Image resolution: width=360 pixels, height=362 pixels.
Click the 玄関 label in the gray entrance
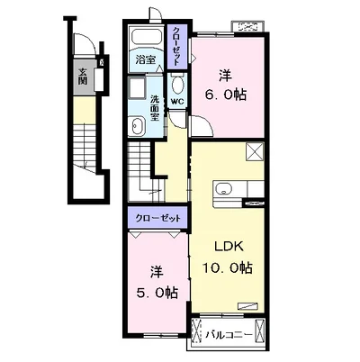82,77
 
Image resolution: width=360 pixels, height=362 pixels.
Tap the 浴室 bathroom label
146,60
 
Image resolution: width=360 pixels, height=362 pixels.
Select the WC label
176,102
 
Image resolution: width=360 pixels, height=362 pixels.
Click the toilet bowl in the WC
177,85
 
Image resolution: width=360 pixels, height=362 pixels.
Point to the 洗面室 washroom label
155,108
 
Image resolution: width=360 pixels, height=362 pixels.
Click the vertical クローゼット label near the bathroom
177,46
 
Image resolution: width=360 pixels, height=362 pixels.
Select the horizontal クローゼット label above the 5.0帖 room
157,218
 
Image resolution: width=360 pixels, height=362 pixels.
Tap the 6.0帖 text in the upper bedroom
226,95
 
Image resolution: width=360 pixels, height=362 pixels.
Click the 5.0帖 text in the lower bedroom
157,293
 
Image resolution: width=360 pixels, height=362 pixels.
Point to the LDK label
228,247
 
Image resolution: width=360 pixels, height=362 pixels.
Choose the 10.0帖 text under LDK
227,267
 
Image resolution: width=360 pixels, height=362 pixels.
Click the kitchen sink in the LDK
224,189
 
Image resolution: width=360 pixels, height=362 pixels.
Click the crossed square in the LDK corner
255,152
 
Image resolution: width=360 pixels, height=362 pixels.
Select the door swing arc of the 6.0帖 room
207,124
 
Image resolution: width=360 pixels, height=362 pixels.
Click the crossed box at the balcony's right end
259,330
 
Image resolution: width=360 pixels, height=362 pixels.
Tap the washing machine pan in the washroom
137,86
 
